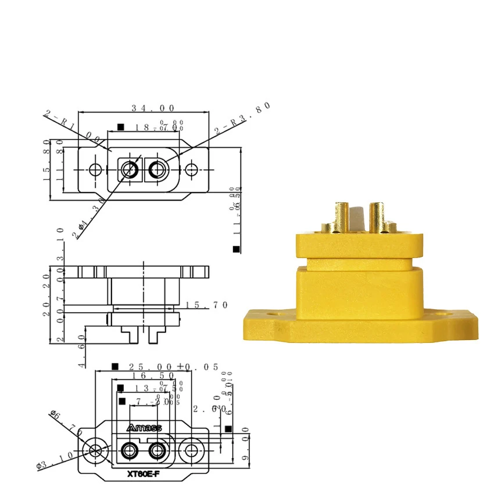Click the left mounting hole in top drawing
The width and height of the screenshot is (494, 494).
[96, 170]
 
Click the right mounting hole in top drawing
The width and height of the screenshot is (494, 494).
[192, 170]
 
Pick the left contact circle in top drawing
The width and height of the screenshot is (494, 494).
[129, 170]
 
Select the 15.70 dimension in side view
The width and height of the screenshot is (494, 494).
[207, 305]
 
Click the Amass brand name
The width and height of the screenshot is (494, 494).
[144, 428]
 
